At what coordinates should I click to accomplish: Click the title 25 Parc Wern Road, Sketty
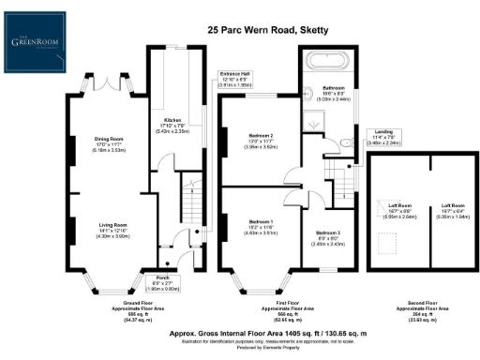(x=266, y=30)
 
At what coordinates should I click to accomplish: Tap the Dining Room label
(x=110, y=143)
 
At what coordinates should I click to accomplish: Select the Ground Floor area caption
(x=111, y=310)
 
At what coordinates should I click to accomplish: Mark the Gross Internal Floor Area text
(x=269, y=331)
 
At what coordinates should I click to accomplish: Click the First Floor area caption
(x=269, y=310)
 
